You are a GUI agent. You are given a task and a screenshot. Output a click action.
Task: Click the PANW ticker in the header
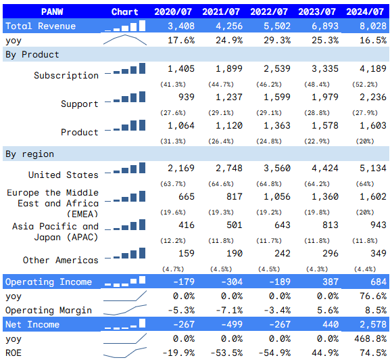click(52, 12)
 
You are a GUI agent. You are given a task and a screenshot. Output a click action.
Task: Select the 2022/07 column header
click(268, 12)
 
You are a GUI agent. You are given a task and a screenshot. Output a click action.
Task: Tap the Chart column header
click(124, 12)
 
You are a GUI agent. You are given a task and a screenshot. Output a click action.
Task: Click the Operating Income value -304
click(228, 281)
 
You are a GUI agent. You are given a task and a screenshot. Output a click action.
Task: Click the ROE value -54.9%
click(274, 353)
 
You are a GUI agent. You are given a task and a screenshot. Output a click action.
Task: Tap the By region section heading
click(30, 154)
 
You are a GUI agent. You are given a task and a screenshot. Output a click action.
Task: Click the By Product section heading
click(32, 54)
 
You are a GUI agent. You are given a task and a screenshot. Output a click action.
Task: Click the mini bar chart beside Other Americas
click(128, 256)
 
